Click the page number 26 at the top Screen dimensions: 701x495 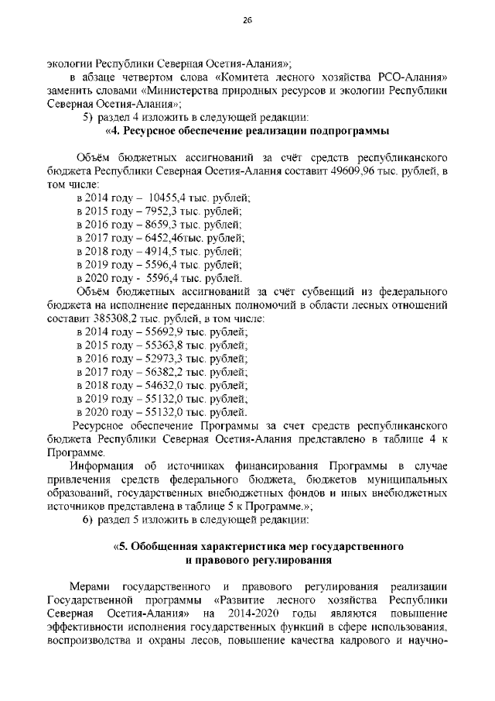click(247, 22)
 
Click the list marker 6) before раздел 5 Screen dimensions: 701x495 click(88, 518)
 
